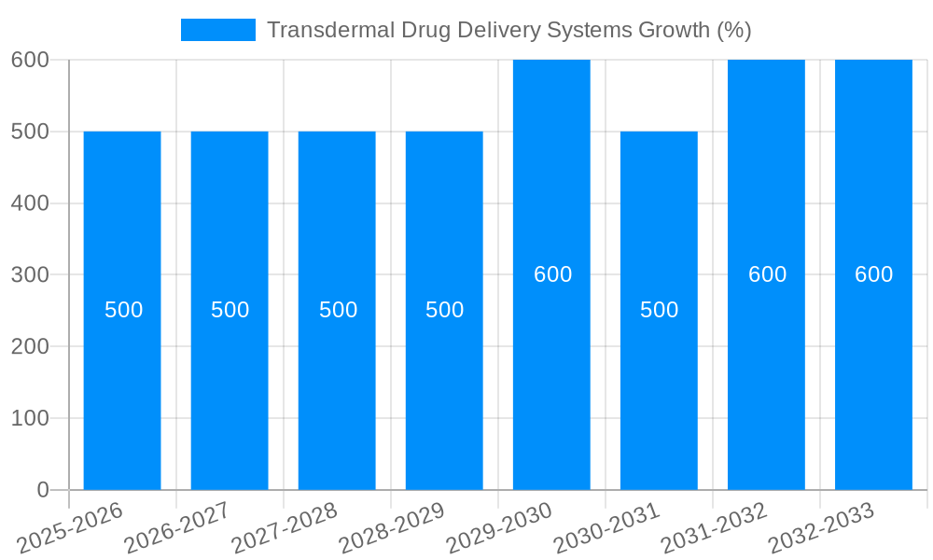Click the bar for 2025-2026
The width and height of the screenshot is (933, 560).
pos(122,392)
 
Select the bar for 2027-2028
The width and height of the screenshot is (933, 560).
pos(337,392)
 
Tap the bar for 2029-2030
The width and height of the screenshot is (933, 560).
pos(551,373)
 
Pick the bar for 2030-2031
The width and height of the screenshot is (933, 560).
pos(659,392)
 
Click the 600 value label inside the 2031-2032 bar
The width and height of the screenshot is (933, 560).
pos(767,274)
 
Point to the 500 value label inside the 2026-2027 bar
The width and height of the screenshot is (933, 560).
pos(230,310)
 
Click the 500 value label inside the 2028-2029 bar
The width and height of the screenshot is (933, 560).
pos(444,310)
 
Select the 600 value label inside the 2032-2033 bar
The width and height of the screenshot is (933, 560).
pos(873,274)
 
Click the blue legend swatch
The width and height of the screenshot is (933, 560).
pos(217,30)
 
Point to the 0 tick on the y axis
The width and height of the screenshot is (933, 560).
pos(42,490)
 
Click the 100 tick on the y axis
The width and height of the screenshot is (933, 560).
pos(30,418)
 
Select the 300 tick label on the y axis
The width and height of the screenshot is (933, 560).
pos(30,274)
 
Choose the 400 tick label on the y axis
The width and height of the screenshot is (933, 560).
pos(30,203)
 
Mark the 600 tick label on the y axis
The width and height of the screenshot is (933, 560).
pos(30,60)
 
